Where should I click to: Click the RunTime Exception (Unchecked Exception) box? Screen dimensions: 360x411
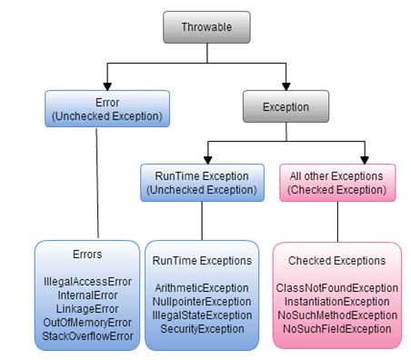coord(200,183)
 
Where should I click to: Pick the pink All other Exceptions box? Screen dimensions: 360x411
coord(336,183)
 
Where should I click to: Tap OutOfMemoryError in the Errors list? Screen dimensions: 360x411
coord(87,323)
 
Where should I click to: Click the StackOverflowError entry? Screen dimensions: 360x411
coord(87,335)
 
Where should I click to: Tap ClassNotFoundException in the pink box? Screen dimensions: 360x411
coord(337,288)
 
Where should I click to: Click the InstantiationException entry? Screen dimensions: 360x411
coord(337,301)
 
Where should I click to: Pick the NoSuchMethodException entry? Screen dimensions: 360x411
coord(337,315)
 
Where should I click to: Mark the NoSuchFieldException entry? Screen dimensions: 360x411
coord(337,327)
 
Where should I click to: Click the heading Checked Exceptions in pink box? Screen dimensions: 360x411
coord(337,261)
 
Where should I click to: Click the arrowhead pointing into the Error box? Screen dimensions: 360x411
coord(107,84)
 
